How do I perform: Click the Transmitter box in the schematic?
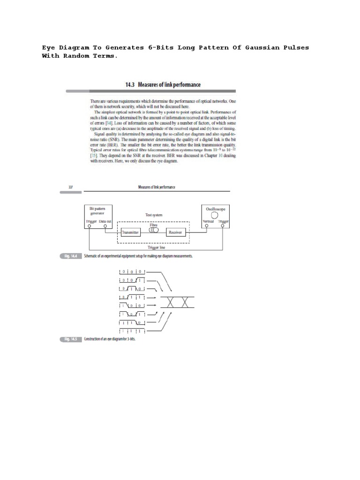pyautogui.click(x=131, y=232)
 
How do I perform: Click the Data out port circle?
pyautogui.click(x=106, y=226)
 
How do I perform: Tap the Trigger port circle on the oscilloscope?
pyautogui.click(x=223, y=226)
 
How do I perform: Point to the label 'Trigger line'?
pyautogui.click(x=153, y=247)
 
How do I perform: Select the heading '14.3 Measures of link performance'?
pyautogui.click(x=163, y=85)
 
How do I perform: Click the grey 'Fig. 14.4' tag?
pyautogui.click(x=71, y=256)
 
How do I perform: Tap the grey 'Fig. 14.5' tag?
pyautogui.click(x=71, y=339)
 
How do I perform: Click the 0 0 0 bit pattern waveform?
pyautogui.click(x=133, y=271)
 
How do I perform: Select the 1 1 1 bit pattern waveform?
pyautogui.click(x=133, y=331)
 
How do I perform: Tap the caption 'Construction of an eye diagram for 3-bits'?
pyautogui.click(x=109, y=339)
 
